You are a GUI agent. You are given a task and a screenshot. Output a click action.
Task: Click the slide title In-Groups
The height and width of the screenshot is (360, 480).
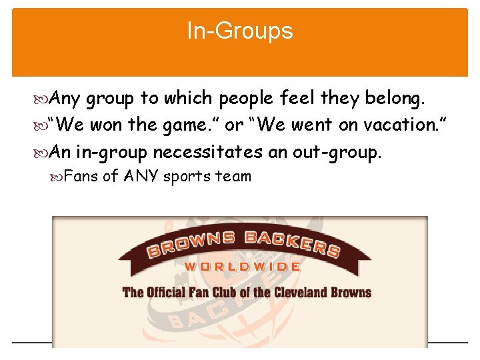click(240, 31)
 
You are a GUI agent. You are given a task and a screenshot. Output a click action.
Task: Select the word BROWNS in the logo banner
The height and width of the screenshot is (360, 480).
click(187, 243)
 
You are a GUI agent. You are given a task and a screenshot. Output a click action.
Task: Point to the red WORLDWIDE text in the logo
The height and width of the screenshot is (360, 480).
click(241, 267)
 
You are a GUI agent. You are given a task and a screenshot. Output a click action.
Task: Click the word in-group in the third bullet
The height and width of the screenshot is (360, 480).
click(111, 153)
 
